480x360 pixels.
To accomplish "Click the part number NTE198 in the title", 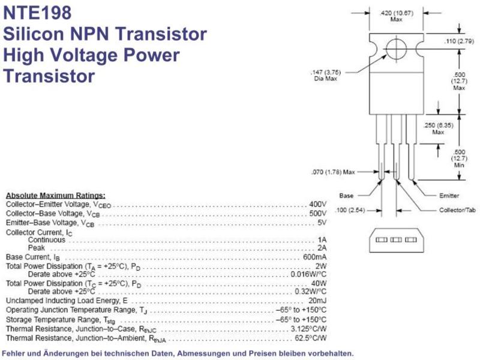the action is coord(37,13).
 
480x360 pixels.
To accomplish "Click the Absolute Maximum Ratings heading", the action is coord(55,196).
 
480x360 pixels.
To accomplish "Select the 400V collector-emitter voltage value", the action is coord(317,204).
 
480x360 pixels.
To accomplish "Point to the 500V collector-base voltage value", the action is coord(317,214).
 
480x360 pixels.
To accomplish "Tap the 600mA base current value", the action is coord(314,257).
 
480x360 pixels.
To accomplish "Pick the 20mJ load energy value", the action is coord(317,301).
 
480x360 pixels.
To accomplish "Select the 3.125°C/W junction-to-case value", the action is coord(308,329).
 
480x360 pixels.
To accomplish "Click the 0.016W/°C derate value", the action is coord(308,274).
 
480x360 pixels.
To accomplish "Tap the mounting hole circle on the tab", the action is coord(396,39).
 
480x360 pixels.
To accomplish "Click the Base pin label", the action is coord(346,196).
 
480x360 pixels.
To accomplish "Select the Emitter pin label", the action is coord(449,196).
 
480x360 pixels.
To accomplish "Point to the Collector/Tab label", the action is coord(457,210).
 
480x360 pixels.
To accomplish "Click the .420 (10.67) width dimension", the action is coord(396,16).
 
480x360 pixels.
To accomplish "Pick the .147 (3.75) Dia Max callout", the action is coord(325,76).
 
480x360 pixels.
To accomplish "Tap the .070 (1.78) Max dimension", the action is coord(333,172).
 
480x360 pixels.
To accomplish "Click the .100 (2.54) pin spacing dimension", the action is coord(350,210).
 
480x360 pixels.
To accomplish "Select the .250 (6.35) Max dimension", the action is coord(438,128).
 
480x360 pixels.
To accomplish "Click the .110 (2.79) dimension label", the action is coord(459,41).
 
